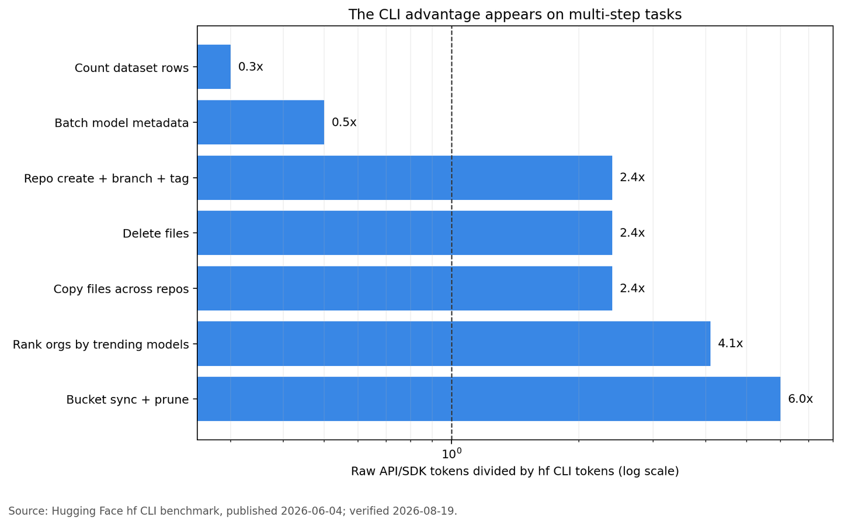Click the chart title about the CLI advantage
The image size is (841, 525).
[515, 15]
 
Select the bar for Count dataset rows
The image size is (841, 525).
[214, 67]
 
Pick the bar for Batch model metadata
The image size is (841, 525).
[261, 122]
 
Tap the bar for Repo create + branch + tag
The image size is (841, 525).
[405, 178]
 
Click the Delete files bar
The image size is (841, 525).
[405, 233]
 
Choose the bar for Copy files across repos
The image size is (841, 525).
[405, 288]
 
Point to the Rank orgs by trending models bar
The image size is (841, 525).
[454, 344]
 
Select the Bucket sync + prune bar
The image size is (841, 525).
[489, 399]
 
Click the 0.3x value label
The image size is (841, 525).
[251, 67]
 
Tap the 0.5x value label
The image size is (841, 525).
[344, 123]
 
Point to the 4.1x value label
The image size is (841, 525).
[730, 344]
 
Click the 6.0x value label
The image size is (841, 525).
[801, 399]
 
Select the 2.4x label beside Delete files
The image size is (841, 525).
[633, 233]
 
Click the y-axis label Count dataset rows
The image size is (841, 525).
[132, 68]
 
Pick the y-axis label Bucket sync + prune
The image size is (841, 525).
[128, 399]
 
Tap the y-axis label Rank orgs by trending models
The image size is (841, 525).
[101, 344]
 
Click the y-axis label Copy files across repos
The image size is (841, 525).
[121, 289]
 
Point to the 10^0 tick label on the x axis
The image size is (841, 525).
[451, 454]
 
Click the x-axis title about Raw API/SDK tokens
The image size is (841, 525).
[515, 471]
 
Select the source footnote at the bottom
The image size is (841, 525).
[233, 511]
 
